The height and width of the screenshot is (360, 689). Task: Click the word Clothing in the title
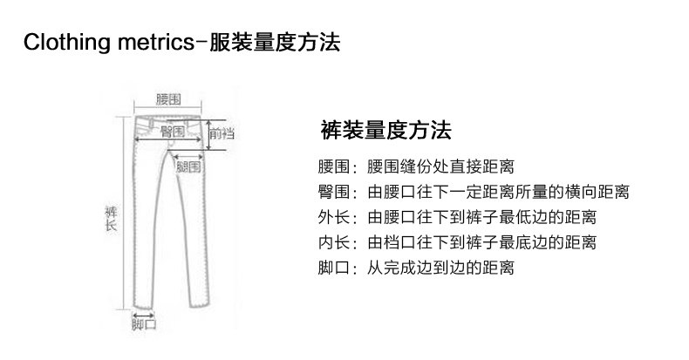[65, 41]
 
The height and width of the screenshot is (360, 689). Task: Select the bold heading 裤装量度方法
[385, 132]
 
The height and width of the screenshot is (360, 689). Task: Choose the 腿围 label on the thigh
[188, 166]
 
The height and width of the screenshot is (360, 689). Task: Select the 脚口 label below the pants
[144, 325]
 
